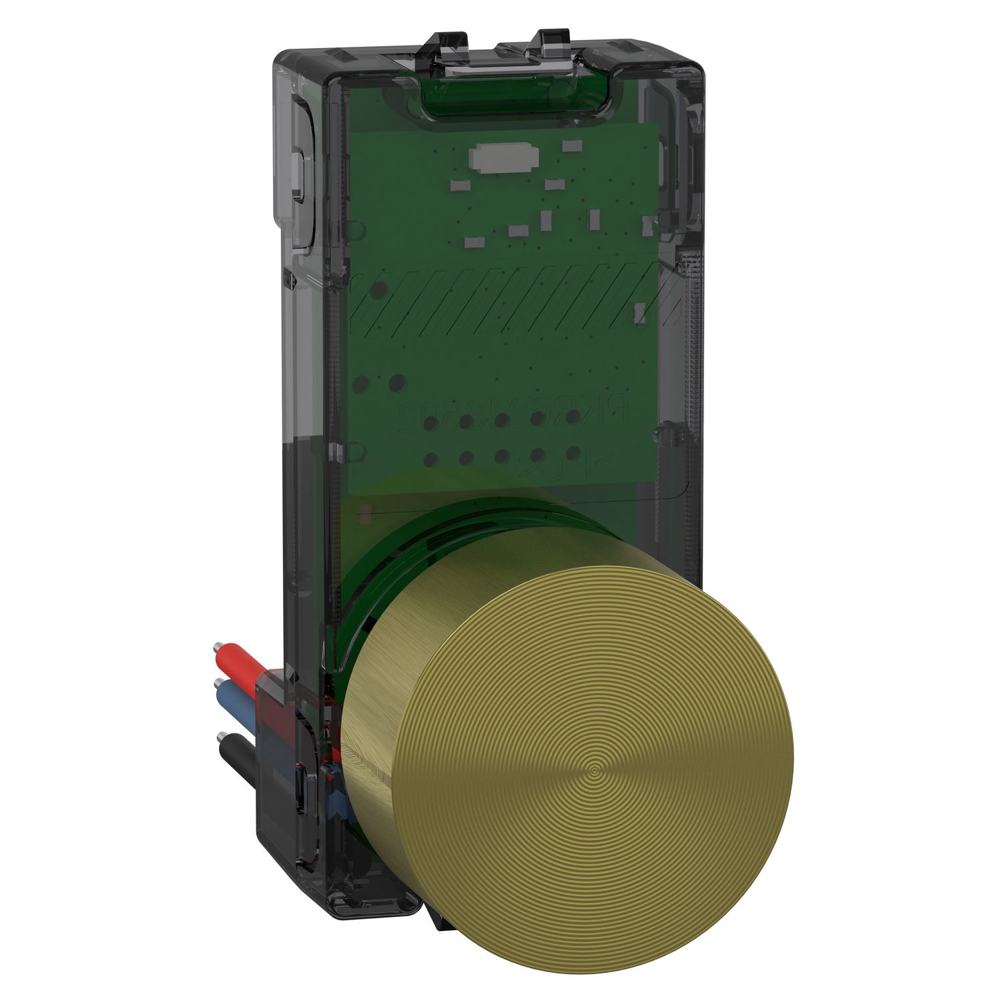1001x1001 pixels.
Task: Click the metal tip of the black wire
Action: click(218, 737)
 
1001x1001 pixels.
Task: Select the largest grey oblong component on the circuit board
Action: click(504, 158)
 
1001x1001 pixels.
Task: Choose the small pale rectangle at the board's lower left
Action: click(364, 515)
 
